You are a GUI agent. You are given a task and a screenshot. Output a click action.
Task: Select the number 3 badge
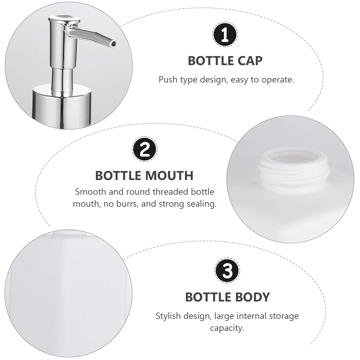(x=227, y=271)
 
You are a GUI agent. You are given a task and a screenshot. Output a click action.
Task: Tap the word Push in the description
(x=168, y=80)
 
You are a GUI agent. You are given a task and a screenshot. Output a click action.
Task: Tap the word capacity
(x=227, y=328)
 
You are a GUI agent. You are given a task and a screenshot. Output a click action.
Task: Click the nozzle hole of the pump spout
(x=113, y=44)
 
